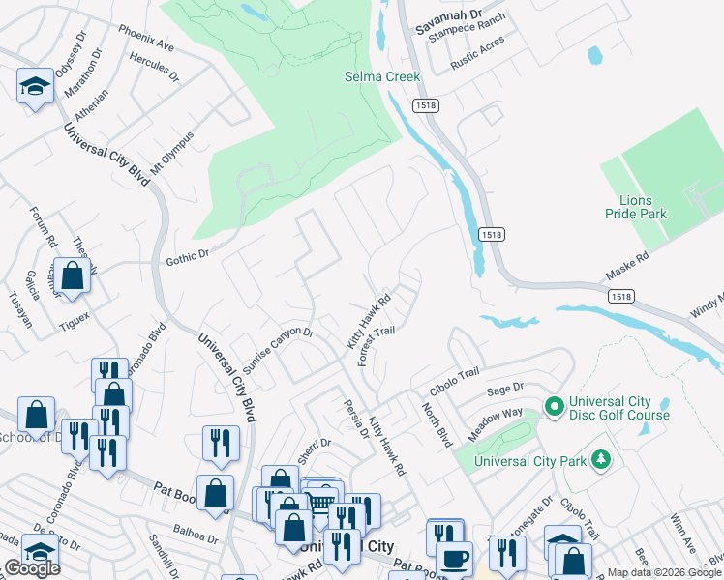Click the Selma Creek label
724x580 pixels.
383,76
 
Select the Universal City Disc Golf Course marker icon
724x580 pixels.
554,406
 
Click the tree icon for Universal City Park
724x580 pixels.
601,457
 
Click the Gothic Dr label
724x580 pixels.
187,257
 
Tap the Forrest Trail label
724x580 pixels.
377,345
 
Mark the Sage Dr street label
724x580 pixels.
504,389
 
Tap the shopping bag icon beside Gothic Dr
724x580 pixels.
72,275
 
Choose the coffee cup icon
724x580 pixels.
454,558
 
